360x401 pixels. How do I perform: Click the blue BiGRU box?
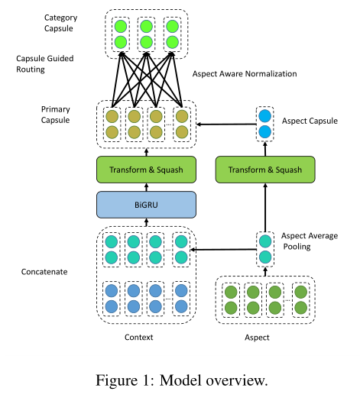coord(146,204)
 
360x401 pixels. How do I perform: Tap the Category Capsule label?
coord(61,22)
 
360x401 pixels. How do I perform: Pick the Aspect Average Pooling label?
coord(309,241)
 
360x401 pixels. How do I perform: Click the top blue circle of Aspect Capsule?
coord(264,116)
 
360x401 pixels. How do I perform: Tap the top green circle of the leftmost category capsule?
coord(119,24)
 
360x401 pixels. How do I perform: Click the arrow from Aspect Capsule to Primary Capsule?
coord(225,124)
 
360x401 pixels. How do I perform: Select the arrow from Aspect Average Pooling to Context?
coord(225,248)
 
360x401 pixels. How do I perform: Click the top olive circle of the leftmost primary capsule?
coord(112,116)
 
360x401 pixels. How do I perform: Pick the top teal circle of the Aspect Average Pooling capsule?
coord(264,241)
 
